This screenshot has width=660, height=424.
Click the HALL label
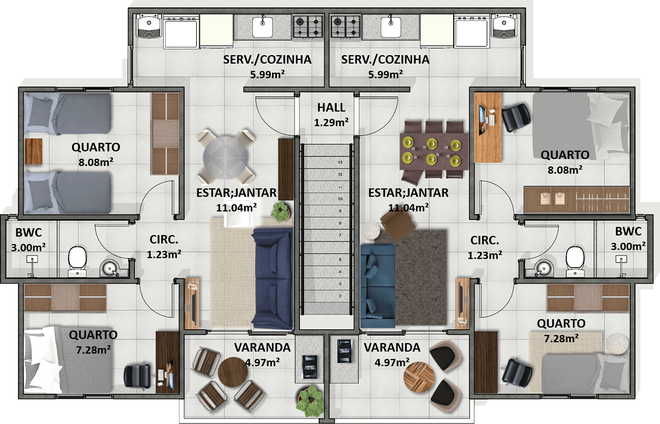[331, 108]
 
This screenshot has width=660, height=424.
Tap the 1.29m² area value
[331, 123]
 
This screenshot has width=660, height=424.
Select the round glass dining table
[226, 156]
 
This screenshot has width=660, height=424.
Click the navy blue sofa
[272, 279]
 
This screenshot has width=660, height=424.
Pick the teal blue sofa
[378, 286]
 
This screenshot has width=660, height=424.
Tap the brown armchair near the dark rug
[398, 225]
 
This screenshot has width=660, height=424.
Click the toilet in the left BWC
[78, 261]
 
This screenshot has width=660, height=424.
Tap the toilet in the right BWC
[575, 261]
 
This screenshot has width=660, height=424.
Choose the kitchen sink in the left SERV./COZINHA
[262, 27]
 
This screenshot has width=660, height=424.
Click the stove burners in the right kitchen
[346, 27]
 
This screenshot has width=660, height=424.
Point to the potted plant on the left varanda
[311, 401]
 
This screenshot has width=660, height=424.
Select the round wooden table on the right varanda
[419, 377]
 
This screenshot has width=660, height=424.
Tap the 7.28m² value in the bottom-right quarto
[561, 338]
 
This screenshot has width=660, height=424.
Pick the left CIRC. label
[164, 240]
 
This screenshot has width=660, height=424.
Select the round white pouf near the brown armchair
[371, 230]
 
